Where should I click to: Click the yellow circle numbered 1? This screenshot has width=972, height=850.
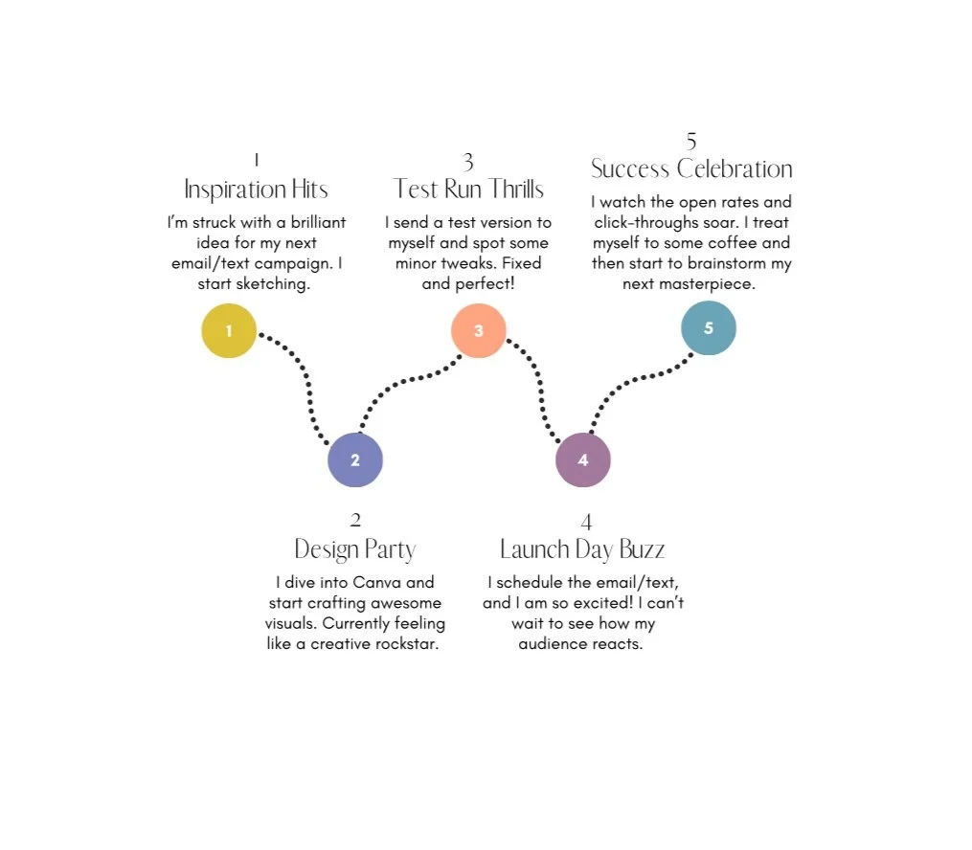point(229,331)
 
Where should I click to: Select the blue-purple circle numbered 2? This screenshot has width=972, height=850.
point(355,459)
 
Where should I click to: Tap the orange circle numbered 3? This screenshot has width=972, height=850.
point(479,331)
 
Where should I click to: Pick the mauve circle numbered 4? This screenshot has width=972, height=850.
point(583,459)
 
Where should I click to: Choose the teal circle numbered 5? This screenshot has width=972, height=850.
point(709,328)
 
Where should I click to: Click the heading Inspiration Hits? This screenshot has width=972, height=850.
point(256,189)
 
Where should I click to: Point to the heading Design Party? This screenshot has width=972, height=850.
point(355,549)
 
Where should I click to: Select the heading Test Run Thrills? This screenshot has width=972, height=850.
point(468,189)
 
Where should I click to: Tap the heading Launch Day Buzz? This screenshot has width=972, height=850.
point(582,549)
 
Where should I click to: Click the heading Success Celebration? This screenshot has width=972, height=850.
point(691,169)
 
